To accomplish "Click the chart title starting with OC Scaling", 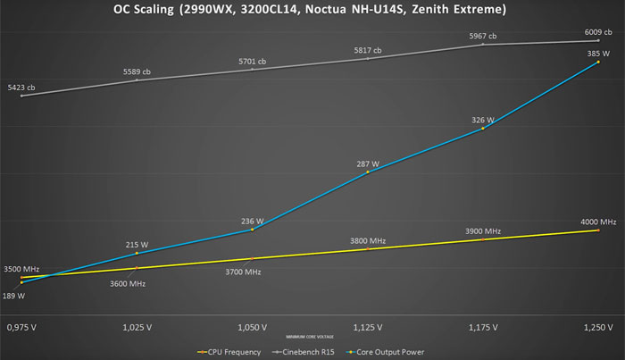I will point(312,12).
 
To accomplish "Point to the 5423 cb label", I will point(20,88).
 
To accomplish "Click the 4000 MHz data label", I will point(597,222).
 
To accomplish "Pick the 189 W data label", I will point(14,295).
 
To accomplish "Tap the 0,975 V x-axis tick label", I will point(21,327).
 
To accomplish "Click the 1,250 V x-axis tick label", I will point(597,327).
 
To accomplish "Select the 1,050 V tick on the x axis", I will point(252,327).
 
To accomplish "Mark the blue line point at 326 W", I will point(483,129).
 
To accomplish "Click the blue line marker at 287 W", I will point(368,172).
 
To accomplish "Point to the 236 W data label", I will point(253,221).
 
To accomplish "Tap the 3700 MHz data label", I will point(242,271).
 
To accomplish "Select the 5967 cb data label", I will point(483,36).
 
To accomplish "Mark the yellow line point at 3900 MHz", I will point(483,239).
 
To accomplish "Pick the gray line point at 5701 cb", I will point(253,70).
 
